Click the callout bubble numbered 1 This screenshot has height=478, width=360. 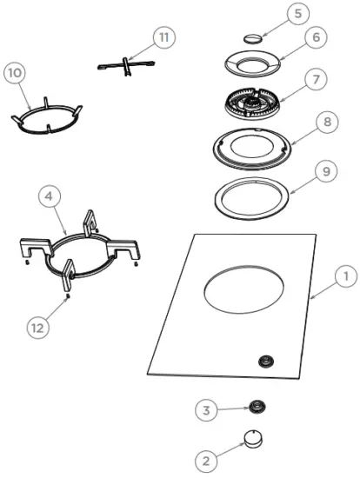345,277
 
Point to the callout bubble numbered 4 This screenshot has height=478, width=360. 50,198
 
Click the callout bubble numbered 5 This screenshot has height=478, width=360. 298,14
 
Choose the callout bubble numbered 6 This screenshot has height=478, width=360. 316,39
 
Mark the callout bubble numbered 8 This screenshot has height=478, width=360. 327,123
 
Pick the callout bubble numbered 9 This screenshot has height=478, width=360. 327,172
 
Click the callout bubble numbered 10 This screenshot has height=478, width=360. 15,74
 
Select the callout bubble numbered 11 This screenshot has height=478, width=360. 164,37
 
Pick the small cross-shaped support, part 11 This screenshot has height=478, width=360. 126,65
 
